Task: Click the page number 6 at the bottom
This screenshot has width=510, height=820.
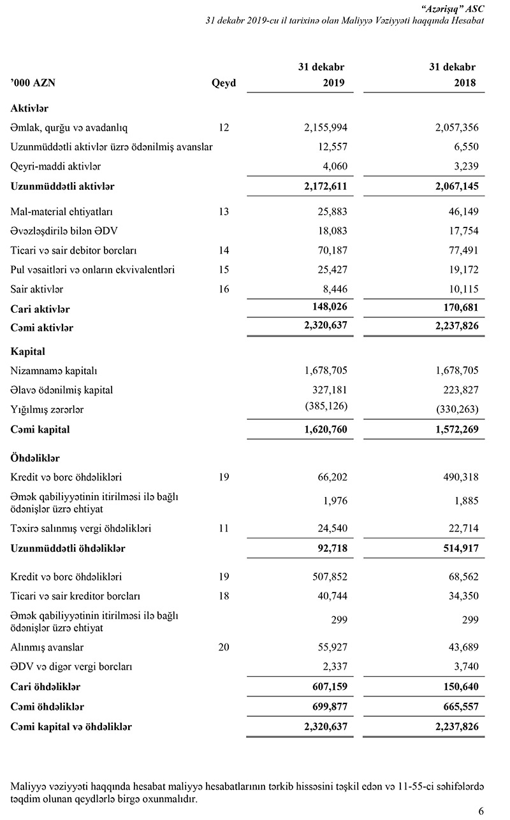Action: (480, 810)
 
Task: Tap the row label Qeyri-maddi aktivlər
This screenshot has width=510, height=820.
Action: (55, 166)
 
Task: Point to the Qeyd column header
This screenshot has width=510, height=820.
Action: (223, 83)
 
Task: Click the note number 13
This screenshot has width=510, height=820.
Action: (223, 211)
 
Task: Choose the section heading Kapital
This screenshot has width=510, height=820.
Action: (27, 351)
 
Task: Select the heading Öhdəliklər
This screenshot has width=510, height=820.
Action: (35, 457)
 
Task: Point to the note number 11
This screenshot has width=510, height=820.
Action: (223, 528)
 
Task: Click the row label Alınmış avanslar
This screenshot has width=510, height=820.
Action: (47, 647)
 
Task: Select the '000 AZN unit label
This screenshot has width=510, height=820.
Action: (36, 83)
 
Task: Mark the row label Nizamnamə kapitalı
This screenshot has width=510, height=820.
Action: (54, 370)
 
